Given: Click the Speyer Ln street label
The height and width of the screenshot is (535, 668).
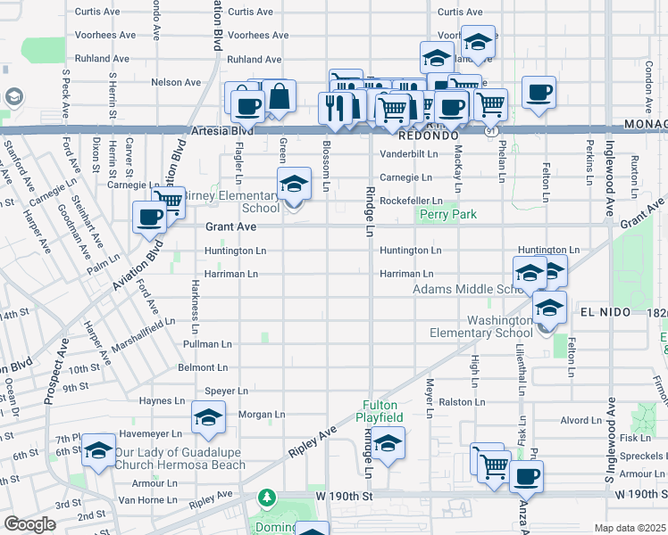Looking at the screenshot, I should pos(226,391).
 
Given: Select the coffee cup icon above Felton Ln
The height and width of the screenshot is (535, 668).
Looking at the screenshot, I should pos(539,92).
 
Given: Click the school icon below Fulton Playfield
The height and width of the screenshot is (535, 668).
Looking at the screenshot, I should pos(388,443).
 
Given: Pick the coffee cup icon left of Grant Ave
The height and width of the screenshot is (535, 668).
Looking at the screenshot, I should pos(149,217).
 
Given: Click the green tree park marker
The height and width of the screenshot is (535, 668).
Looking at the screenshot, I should pos(264,496).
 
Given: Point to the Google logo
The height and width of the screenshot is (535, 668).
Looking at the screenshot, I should pos(29,524).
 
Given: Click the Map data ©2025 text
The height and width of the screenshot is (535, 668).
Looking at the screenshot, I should pos(630,528).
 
